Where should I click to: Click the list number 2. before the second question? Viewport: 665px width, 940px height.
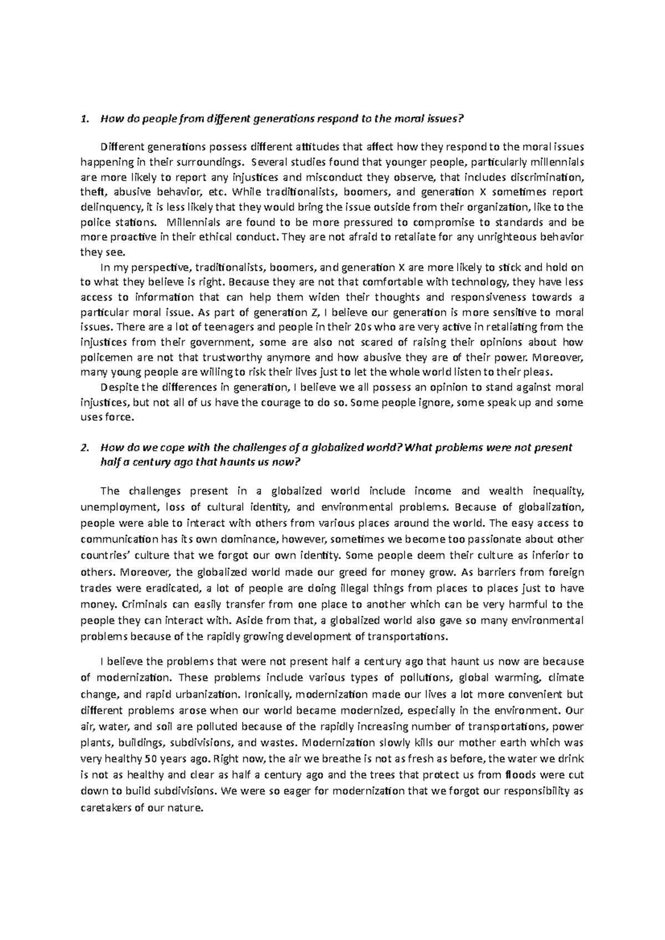[x=84, y=447]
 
